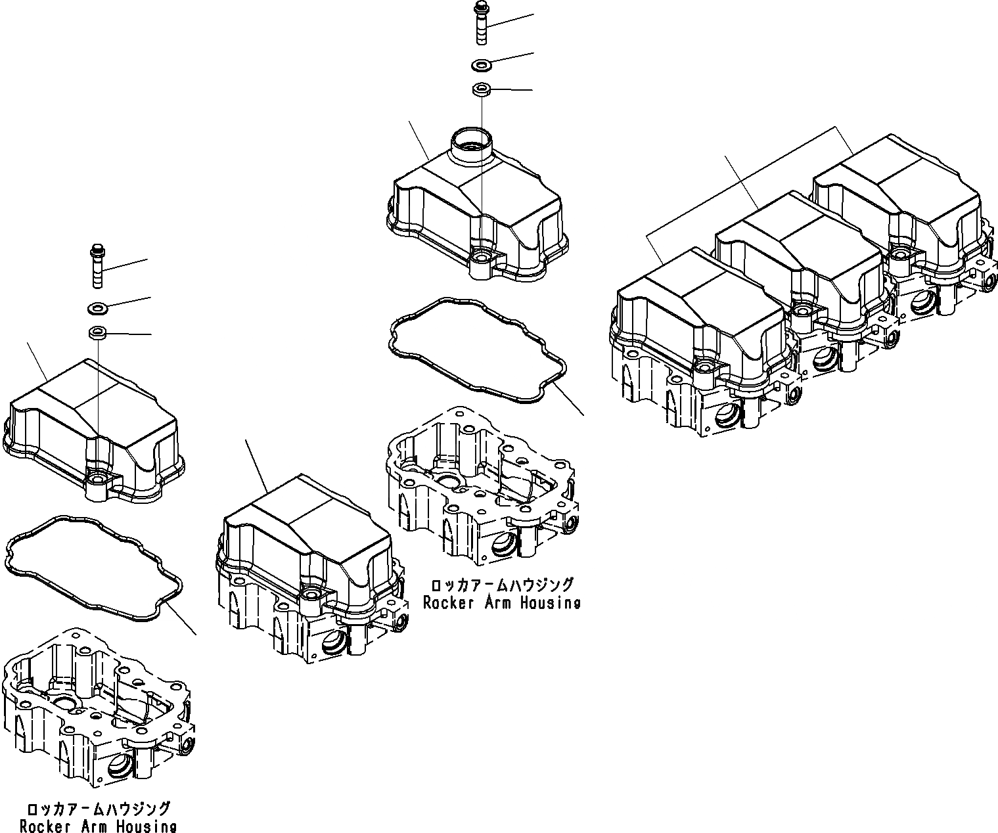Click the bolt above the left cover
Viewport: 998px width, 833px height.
[x=97, y=266]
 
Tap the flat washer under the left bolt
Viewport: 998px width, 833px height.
[x=97, y=307]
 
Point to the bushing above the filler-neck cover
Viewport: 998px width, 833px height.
[x=481, y=89]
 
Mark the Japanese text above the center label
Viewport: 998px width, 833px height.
[x=501, y=585]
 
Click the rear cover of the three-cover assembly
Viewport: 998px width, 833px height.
[x=897, y=197]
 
